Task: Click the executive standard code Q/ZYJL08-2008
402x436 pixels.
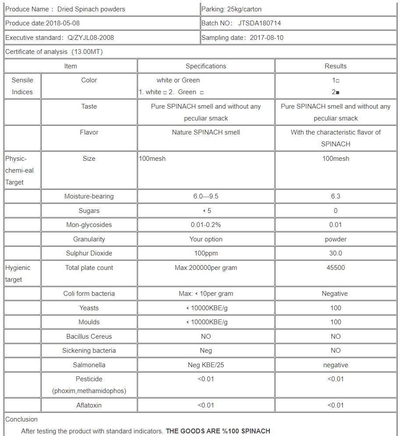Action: click(91, 38)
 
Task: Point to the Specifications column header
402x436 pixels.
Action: click(206, 66)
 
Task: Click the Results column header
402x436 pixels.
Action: click(335, 66)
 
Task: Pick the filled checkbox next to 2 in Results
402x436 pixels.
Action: click(338, 92)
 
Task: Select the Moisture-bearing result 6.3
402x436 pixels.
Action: click(335, 196)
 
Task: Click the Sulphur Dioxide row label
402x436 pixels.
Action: click(89, 253)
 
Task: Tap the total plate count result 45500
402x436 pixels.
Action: click(335, 268)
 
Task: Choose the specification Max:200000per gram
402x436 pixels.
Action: click(206, 268)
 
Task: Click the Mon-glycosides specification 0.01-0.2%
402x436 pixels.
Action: click(206, 225)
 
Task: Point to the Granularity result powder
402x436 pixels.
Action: click(335, 239)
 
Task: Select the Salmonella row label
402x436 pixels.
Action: click(89, 365)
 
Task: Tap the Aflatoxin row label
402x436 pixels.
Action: click(89, 405)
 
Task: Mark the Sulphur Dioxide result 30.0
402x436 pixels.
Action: click(335, 253)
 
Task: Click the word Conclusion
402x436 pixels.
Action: click(21, 419)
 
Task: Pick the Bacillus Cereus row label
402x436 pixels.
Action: click(89, 337)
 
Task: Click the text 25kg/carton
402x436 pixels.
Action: click(244, 9)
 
